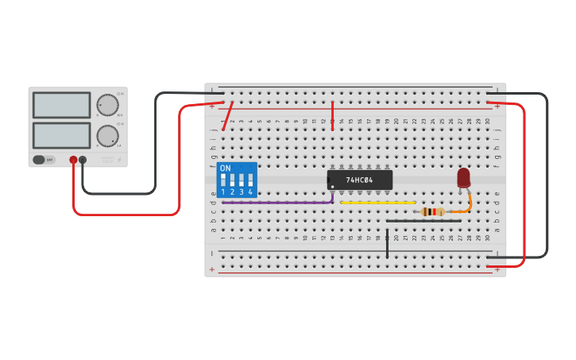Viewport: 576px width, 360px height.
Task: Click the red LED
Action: pyautogui.click(x=463, y=178)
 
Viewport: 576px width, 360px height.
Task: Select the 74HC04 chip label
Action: pyautogui.click(x=360, y=180)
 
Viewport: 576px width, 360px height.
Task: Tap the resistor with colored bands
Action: pyautogui.click(x=432, y=211)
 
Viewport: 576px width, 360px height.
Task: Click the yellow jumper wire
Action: pyautogui.click(x=377, y=203)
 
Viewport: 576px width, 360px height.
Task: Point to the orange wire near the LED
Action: pyautogui.click(x=467, y=206)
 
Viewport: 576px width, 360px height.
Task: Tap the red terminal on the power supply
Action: pyautogui.click(x=73, y=160)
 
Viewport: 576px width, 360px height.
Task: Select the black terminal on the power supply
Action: pyautogui.click(x=83, y=160)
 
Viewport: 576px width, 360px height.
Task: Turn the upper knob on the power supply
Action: pyautogui.click(x=107, y=105)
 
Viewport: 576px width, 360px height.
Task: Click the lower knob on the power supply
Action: pyautogui.click(x=107, y=135)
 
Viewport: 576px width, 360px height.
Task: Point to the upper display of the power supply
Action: pyautogui.click(x=61, y=105)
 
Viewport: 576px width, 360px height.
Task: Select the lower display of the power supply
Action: pyautogui.click(x=61, y=135)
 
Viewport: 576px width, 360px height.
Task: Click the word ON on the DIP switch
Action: pyautogui.click(x=226, y=168)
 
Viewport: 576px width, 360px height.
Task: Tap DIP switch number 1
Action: pyautogui.click(x=223, y=181)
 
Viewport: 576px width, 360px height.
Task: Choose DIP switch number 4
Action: pyautogui.click(x=250, y=181)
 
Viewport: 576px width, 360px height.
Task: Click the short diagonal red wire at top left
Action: pyautogui.click(x=228, y=116)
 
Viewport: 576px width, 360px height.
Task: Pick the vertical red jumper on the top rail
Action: pyautogui.click(x=332, y=116)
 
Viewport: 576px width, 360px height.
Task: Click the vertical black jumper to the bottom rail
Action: pyautogui.click(x=387, y=244)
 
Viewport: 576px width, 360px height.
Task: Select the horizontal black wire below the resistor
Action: pyautogui.click(x=421, y=221)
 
